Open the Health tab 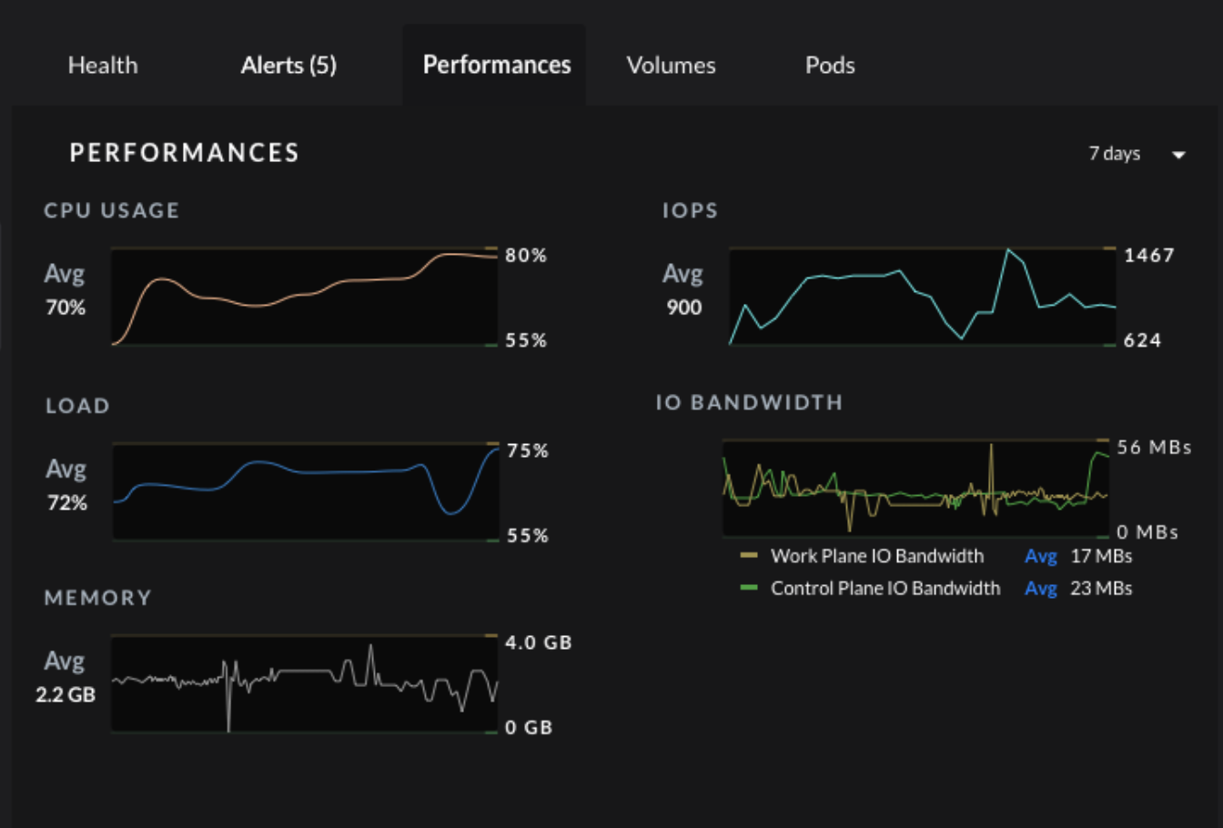(103, 66)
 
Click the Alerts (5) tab (288, 66)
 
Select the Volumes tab (671, 66)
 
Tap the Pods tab (830, 66)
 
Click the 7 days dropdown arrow (1178, 155)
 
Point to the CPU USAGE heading (112, 210)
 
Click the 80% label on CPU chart (526, 256)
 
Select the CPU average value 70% (66, 308)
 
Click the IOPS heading (690, 210)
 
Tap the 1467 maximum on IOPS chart (1149, 256)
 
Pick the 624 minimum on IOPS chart (1142, 340)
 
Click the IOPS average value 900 (683, 308)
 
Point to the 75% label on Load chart (528, 451)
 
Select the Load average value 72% (67, 502)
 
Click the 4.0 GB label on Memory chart (539, 642)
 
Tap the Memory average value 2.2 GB (66, 695)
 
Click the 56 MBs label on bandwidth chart (1154, 448)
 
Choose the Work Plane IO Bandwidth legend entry (876, 556)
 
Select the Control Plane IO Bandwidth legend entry (884, 589)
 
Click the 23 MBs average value (1101, 589)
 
